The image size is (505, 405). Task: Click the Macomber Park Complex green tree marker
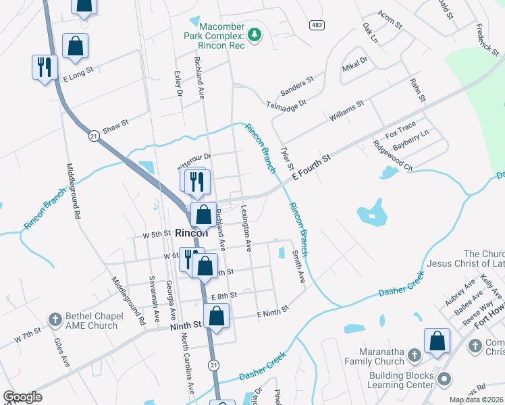254,34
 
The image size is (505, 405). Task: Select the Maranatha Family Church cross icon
415,355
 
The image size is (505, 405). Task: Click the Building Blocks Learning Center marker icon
444,378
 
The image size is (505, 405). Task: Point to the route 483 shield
317,25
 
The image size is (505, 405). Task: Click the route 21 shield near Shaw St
94,136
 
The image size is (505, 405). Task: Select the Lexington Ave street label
247,228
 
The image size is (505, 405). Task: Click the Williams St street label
346,111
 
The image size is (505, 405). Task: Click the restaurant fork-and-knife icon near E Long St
45,66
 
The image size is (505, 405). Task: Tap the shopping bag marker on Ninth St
216,315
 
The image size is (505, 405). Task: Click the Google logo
22,397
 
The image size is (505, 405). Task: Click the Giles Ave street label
61,352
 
